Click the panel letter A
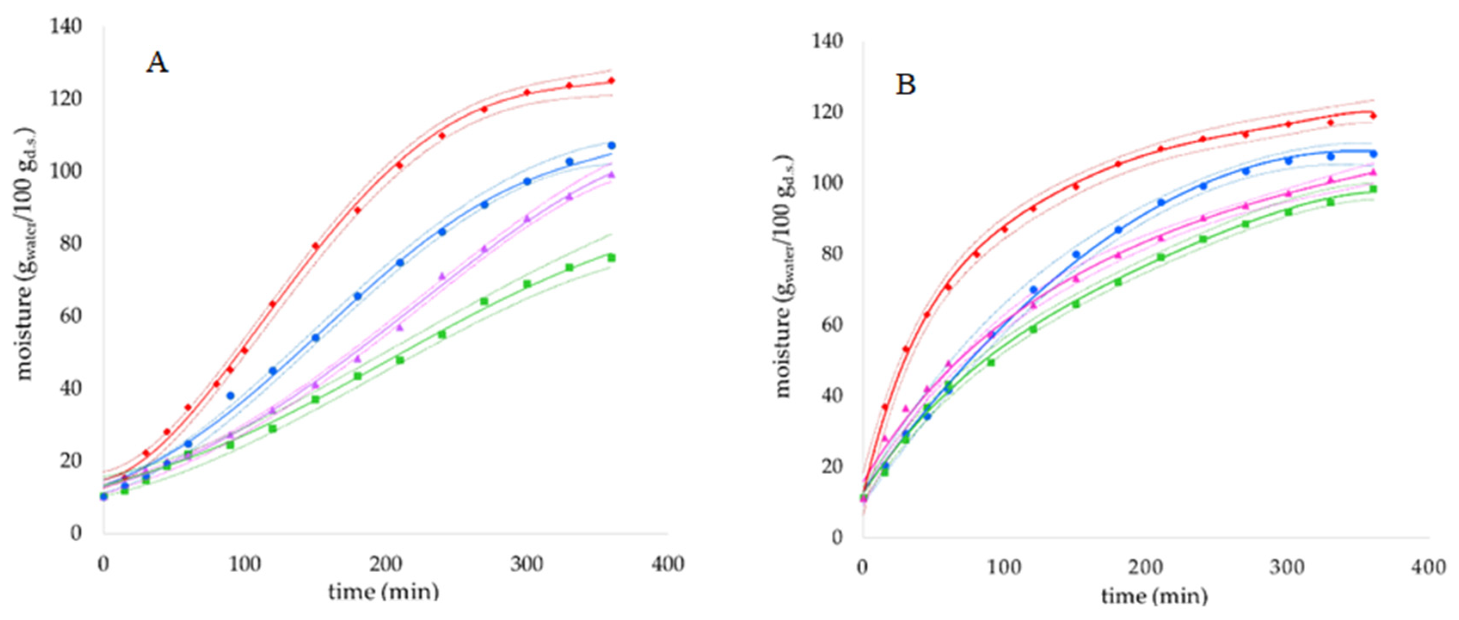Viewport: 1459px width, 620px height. point(157,62)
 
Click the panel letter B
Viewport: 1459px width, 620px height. point(905,85)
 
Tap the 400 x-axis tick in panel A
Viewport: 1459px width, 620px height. point(667,564)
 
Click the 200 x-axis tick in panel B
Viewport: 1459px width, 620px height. point(1145,568)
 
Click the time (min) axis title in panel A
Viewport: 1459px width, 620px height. point(384,592)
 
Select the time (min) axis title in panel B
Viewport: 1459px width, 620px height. point(1154,595)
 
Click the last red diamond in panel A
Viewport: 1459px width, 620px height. point(611,80)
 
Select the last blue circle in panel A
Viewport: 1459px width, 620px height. point(611,146)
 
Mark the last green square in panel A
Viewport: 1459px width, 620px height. point(611,258)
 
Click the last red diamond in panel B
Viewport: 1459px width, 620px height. point(1373,116)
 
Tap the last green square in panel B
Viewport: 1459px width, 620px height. point(1373,189)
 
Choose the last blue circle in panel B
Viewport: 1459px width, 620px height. point(1373,154)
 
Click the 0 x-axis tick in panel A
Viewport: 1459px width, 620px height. point(103,564)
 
